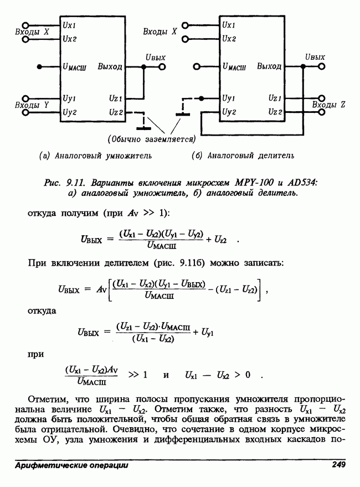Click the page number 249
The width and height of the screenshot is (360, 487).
point(338,465)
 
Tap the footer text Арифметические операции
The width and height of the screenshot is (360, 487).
point(72,465)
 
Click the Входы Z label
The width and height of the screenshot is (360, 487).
point(328,104)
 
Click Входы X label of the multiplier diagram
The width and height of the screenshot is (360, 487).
point(32,32)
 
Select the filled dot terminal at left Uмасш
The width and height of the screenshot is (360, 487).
point(39,66)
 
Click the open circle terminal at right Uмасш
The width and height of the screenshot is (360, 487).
point(197,66)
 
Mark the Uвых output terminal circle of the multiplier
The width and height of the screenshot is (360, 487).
point(162,66)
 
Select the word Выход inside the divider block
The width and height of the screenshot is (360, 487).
point(269,67)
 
